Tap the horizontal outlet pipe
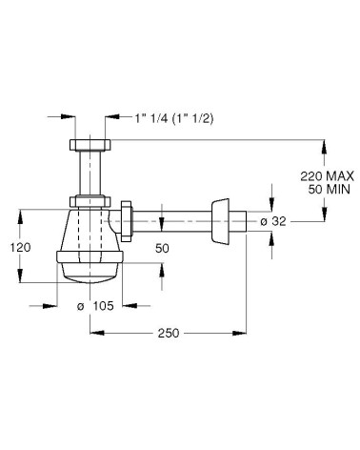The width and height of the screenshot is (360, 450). tap(176, 225)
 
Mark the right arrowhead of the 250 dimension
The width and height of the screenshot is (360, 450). tap(246, 333)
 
